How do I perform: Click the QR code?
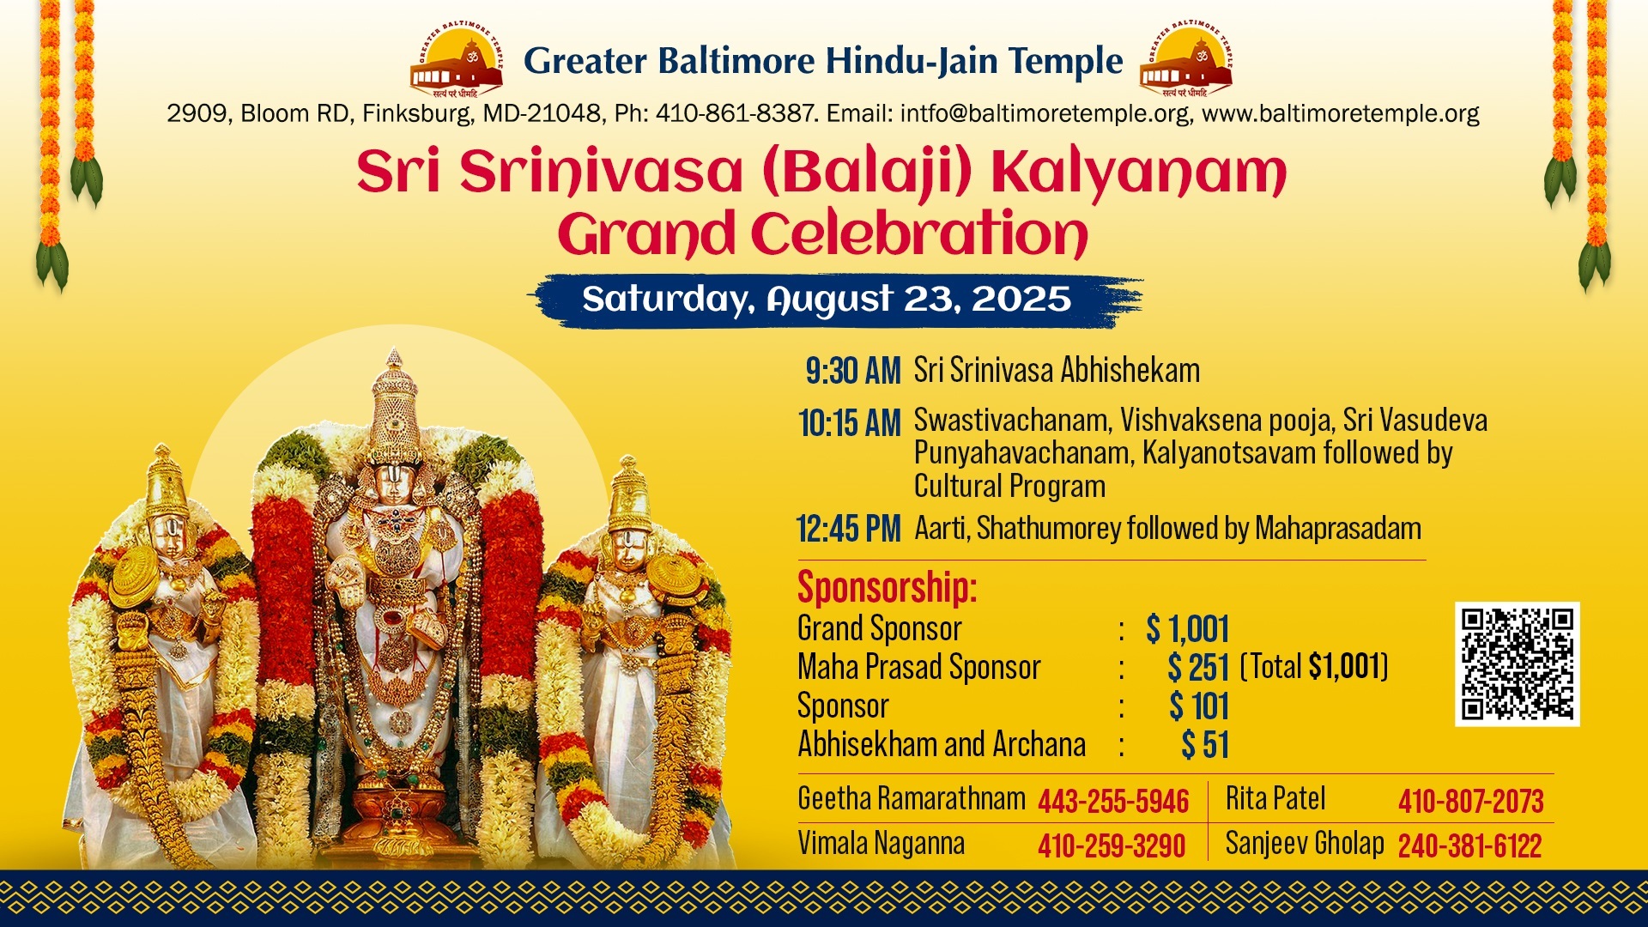1517,663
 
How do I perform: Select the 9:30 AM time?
852,371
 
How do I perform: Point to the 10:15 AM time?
849,423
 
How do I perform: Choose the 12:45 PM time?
848,529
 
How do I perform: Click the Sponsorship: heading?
887,588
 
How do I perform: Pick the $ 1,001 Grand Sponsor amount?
1187,629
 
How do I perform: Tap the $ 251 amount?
1198,668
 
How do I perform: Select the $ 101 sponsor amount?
1199,706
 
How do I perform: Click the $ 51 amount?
1205,745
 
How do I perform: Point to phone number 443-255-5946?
1113,802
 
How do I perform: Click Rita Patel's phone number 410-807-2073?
1471,802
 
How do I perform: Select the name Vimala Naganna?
881,843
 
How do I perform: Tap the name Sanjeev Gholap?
1305,843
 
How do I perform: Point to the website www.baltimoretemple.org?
1341,113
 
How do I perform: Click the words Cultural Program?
1009,487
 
